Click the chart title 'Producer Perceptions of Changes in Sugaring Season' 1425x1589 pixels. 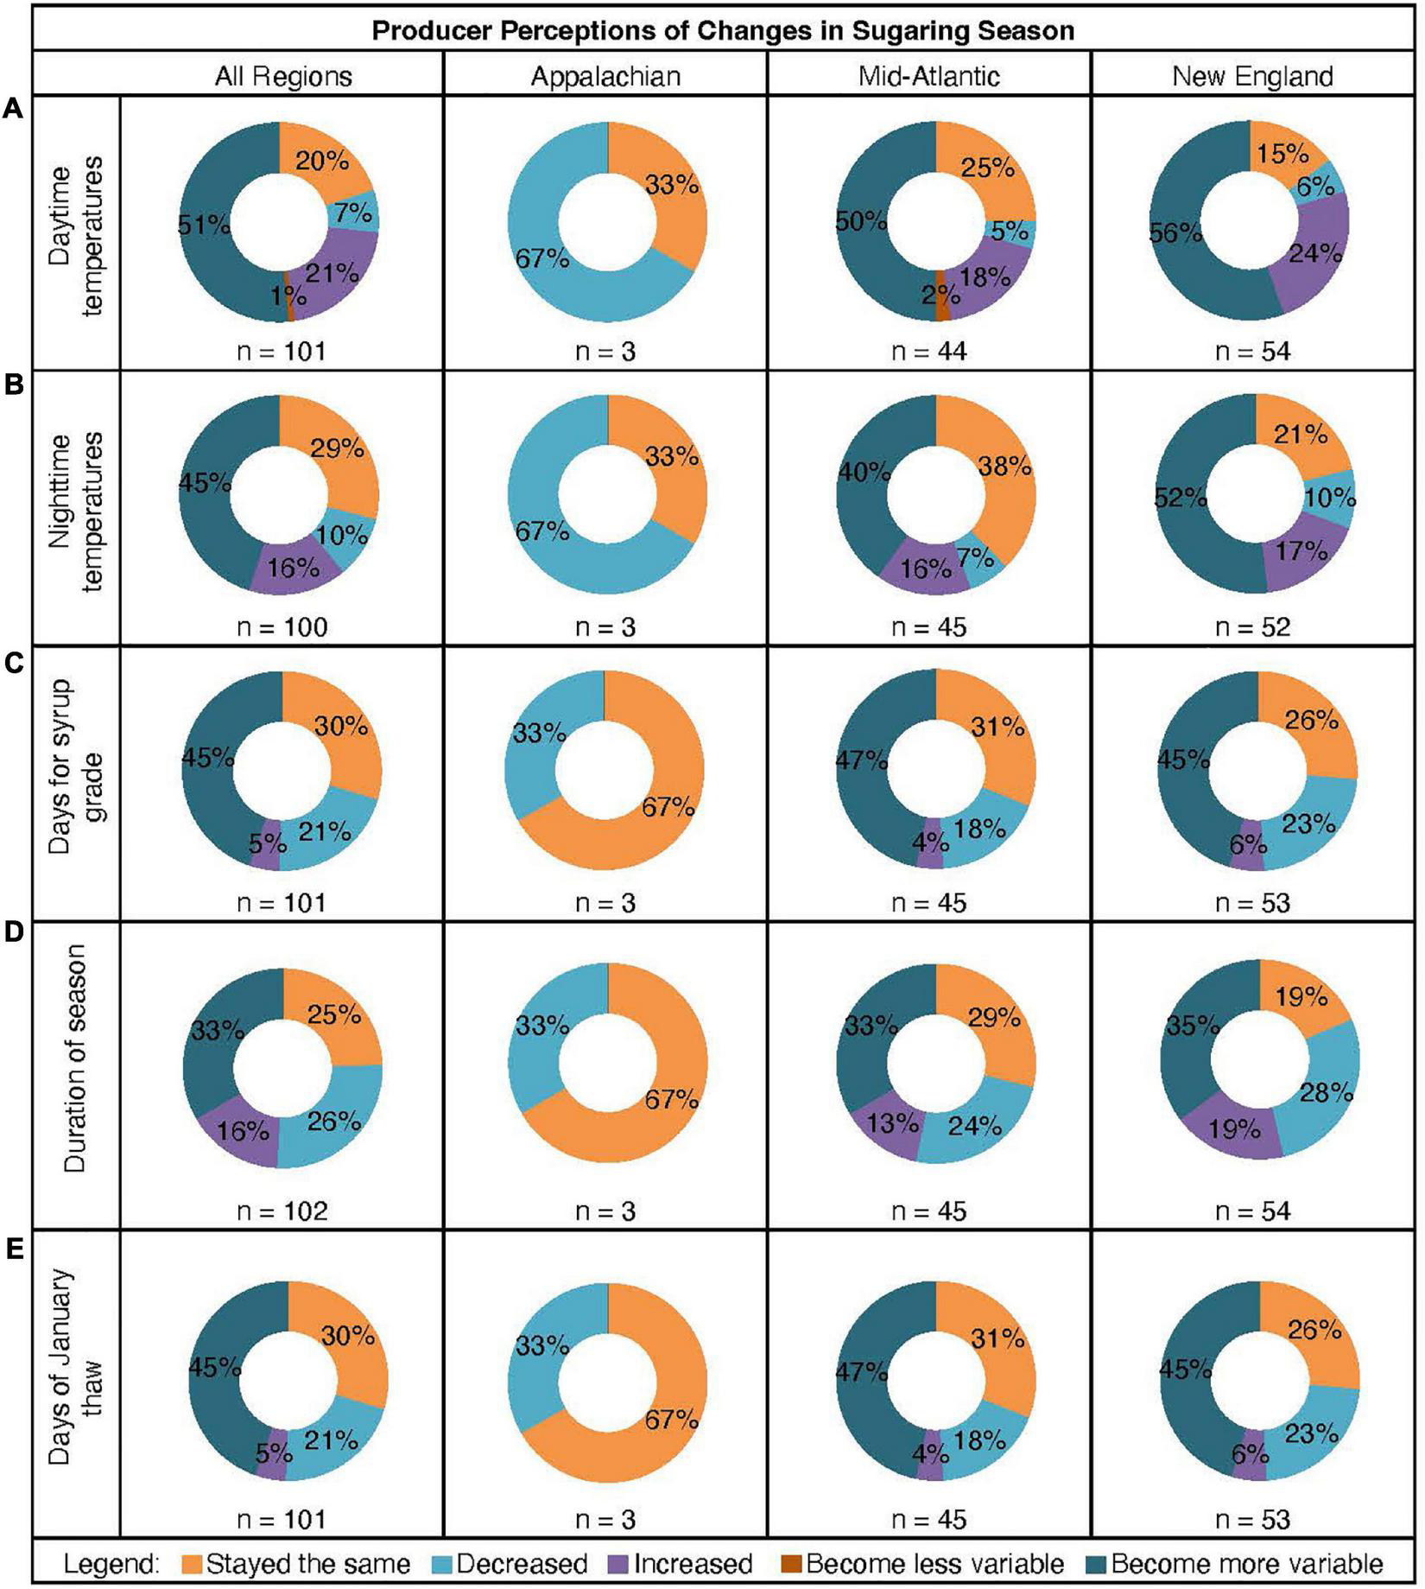tap(723, 31)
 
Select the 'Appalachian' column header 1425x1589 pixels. tap(605, 76)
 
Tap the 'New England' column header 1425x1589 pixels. tap(1252, 76)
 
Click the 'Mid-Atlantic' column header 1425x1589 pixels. tap(928, 76)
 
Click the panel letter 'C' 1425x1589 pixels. tap(14, 664)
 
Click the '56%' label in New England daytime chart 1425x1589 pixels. tap(1175, 233)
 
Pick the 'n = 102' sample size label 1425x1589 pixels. tap(282, 1211)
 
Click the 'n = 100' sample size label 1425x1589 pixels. tap(282, 626)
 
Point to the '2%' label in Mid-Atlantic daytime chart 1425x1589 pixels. tap(934, 296)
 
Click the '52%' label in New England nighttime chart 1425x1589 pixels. tap(1181, 499)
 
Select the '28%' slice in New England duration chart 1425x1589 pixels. tap(1327, 1093)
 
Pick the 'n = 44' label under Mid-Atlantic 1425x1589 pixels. tap(928, 351)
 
